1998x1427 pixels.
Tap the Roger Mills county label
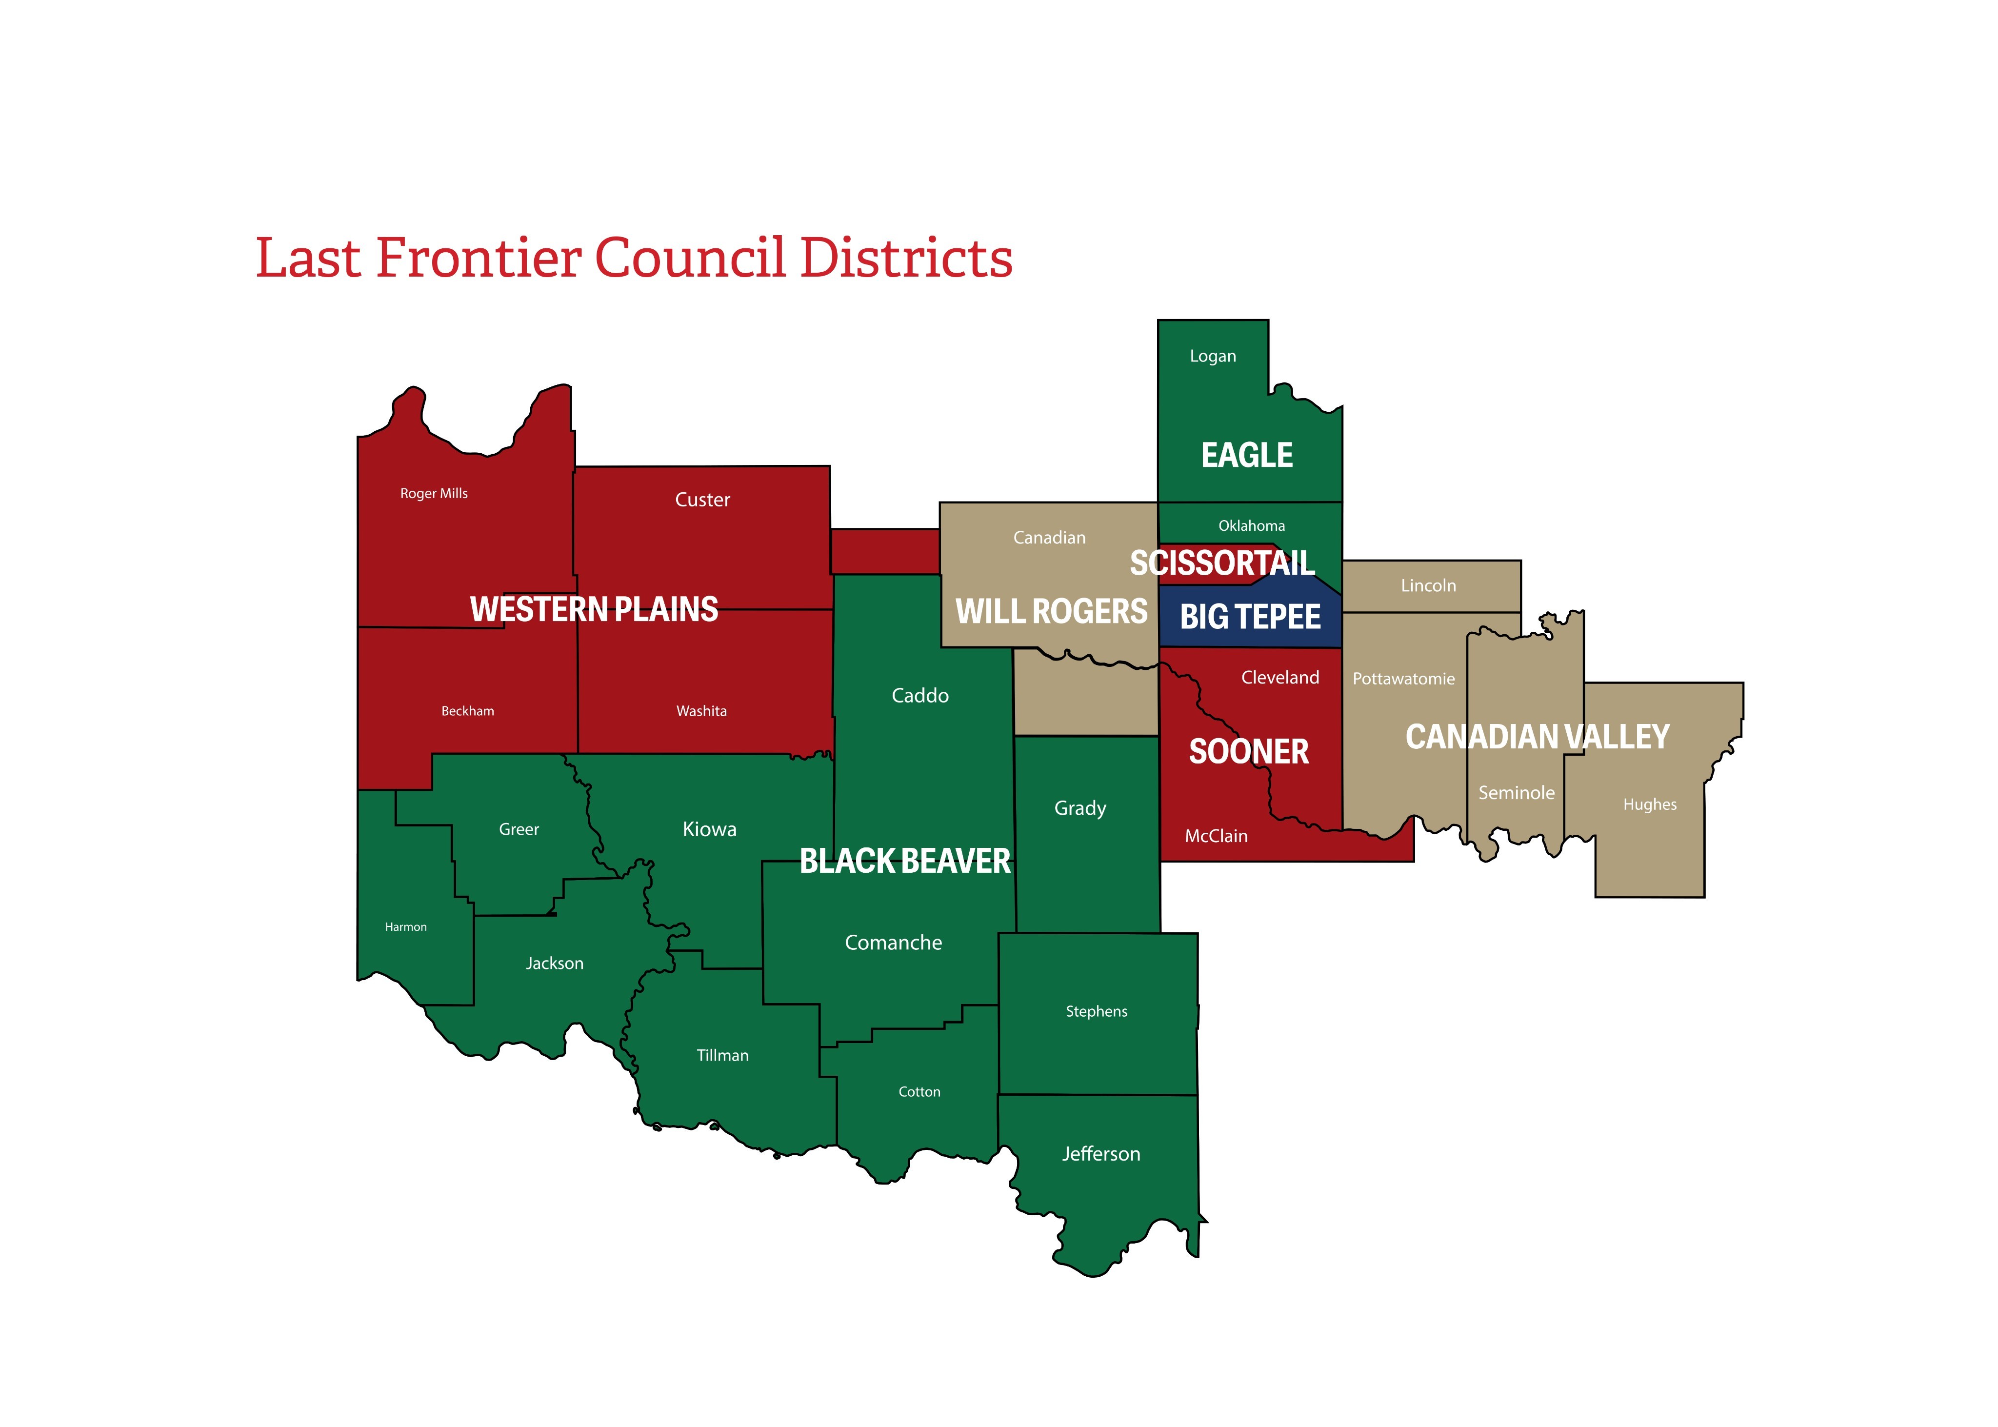[x=434, y=494]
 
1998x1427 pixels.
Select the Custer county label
[x=702, y=500]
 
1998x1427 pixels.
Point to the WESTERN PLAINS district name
[x=594, y=609]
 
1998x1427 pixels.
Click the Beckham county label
[x=467, y=711]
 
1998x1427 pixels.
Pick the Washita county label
[x=701, y=711]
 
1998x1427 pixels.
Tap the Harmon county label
[x=406, y=927]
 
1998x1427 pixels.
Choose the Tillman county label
[x=722, y=1055]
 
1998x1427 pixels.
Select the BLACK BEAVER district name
[x=905, y=861]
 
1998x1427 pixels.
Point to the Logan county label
[x=1213, y=356]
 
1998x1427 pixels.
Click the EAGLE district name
[x=1247, y=455]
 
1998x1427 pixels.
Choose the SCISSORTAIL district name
[x=1222, y=563]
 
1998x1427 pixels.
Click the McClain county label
[x=1216, y=836]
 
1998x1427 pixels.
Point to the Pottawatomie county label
[x=1403, y=678]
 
